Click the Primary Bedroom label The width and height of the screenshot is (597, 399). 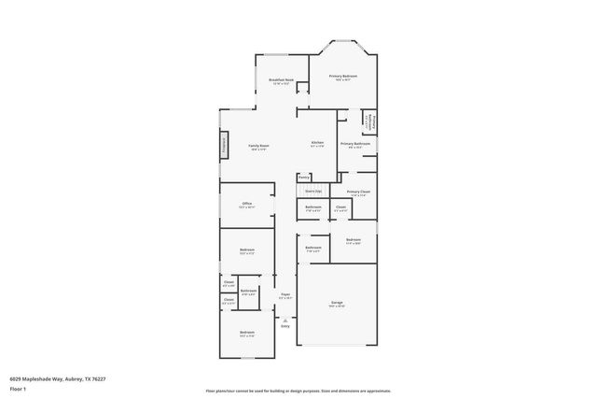point(343,75)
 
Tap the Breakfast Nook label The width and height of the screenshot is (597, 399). point(282,79)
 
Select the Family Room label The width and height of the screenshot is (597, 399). point(258,146)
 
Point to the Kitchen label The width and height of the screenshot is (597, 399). point(317,143)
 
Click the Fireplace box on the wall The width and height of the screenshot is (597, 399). point(224,145)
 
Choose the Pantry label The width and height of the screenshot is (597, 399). point(304,177)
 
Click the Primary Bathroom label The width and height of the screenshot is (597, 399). point(354,143)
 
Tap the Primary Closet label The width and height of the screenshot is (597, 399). point(358,191)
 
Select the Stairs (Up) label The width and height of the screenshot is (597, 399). point(313,191)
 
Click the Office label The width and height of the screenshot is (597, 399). point(247,203)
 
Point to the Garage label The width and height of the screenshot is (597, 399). point(336,303)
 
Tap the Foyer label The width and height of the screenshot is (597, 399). point(285,294)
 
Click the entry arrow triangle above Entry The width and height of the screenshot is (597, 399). point(285,319)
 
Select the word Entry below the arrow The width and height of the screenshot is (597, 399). point(285,325)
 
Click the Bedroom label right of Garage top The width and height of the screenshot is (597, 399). point(353,239)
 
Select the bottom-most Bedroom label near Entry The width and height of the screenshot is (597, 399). point(247,333)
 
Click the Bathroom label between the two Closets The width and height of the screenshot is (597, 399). point(248,291)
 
